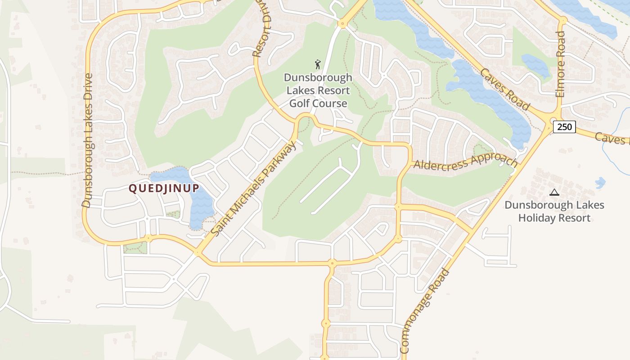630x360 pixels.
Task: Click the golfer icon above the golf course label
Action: coord(318,64)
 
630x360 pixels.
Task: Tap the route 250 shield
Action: coord(564,127)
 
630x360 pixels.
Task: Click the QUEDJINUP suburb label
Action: coord(164,188)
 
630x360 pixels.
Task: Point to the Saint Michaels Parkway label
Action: coord(254,188)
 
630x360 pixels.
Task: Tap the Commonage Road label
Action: coord(424,310)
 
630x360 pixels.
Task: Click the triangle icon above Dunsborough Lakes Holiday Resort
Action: coord(554,193)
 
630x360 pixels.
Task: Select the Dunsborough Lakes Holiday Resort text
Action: coord(554,211)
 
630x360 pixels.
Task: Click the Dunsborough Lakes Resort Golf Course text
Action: coord(318,90)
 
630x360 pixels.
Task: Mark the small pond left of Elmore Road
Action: coord(535,66)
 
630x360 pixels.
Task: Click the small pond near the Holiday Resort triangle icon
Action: coord(600,183)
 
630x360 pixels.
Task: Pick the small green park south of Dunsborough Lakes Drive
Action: coord(135,248)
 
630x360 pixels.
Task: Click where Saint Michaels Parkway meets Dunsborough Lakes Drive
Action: coord(198,252)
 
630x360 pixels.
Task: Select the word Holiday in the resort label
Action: coord(535,218)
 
